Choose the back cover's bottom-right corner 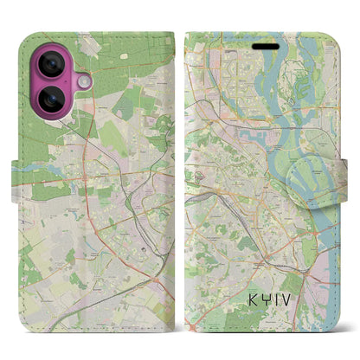pyautogui.click(x=168, y=322)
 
